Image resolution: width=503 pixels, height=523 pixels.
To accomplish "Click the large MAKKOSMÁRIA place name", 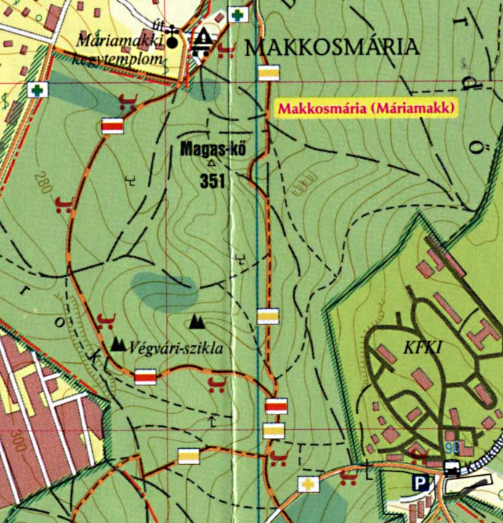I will click(x=333, y=48).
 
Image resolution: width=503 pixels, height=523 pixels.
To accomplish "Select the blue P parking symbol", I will click(x=419, y=482).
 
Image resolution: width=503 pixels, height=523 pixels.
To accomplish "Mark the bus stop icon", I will click(x=451, y=468).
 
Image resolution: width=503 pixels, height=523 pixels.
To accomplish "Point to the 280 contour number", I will click(x=43, y=183).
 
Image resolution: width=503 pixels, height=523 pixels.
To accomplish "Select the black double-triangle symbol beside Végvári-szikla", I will click(x=118, y=343).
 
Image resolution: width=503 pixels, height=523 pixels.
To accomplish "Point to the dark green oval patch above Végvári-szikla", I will click(x=166, y=290).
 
